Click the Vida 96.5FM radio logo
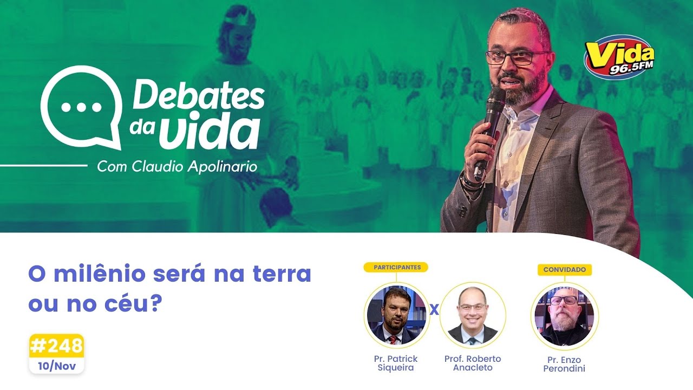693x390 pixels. click(619, 57)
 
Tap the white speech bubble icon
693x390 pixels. click(81, 106)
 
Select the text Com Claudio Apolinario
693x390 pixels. click(177, 166)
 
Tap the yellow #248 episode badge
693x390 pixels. click(56, 346)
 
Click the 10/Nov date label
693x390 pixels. click(56, 366)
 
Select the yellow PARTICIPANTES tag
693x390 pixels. click(396, 267)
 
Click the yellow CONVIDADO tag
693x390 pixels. click(564, 269)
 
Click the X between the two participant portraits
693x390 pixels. click(434, 310)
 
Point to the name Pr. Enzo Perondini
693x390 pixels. click(564, 364)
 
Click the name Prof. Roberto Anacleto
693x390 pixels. click(473, 363)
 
